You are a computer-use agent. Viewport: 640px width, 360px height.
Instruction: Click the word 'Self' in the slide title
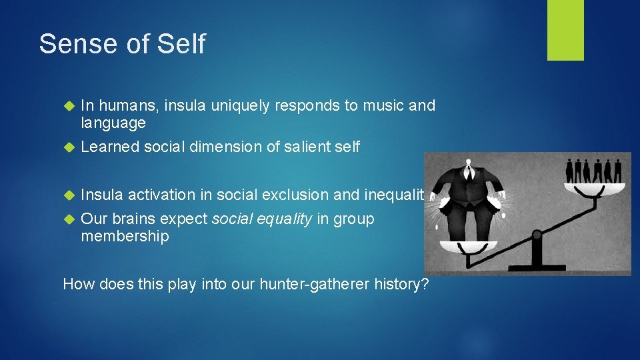coord(181,44)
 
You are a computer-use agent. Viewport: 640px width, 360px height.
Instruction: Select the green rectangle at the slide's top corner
coord(565,30)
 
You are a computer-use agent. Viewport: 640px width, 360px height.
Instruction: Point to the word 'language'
coord(113,123)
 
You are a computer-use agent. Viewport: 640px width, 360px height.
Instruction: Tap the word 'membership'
coord(125,237)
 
